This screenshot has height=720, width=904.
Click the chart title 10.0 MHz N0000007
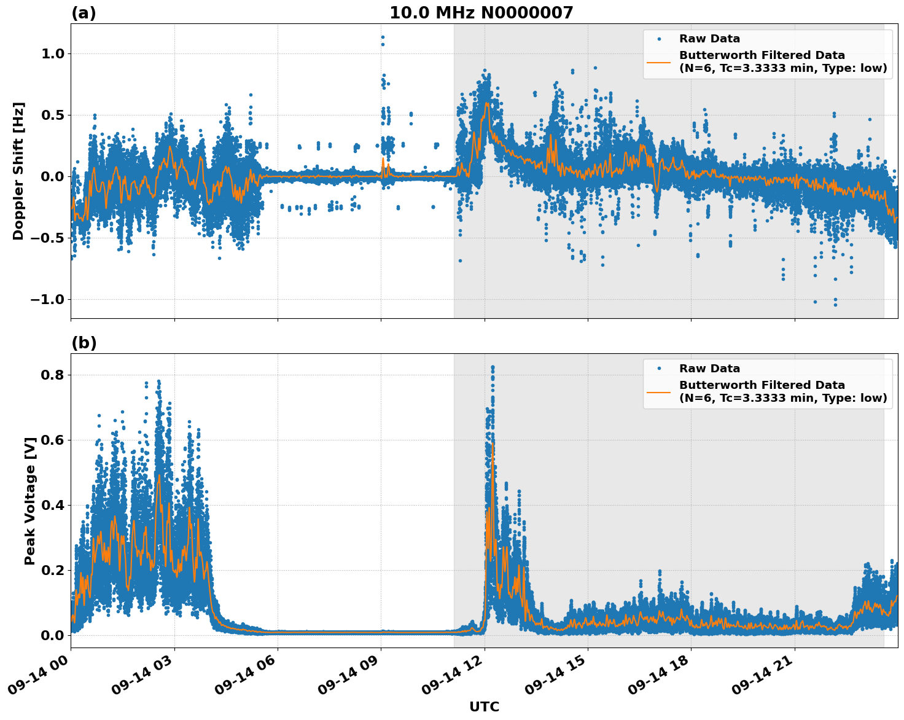click(481, 13)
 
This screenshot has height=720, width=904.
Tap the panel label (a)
click(84, 13)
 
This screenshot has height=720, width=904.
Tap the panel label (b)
click(84, 343)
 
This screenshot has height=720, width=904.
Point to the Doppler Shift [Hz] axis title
click(18, 171)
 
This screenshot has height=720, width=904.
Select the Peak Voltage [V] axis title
click(30, 501)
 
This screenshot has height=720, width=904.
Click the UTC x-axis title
click(484, 707)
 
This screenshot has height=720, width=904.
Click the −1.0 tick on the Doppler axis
click(47, 300)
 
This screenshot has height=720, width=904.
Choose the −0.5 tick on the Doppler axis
click(47, 238)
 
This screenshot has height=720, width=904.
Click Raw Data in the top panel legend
click(709, 39)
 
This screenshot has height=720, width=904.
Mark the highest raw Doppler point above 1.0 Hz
click(382, 37)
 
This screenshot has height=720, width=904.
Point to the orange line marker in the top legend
click(658, 61)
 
